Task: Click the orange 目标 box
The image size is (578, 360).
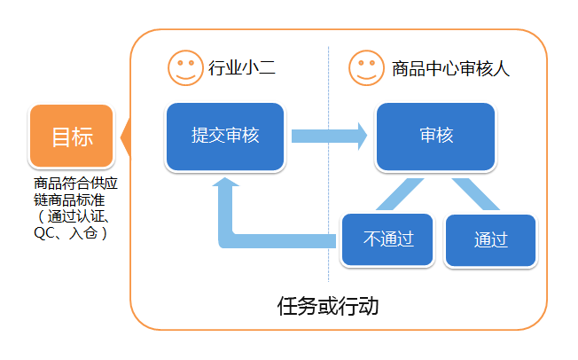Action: pos(72,136)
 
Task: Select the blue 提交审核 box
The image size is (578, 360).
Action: pos(225,137)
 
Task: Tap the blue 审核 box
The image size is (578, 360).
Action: pos(435,137)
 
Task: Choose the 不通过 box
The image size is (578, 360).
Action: pos(387,239)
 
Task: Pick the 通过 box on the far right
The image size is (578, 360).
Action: pos(490,240)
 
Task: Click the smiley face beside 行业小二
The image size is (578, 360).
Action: pos(185,68)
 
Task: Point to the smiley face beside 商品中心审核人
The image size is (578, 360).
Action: pos(366,68)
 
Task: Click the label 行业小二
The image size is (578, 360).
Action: pos(242,68)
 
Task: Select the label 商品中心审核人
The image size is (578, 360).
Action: pos(450,69)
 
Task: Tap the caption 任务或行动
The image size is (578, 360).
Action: pos(328,306)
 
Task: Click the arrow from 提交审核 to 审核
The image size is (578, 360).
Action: pos(329,136)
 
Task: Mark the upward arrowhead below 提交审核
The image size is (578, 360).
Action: pos(225,182)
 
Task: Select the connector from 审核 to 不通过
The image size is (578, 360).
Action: pos(400,194)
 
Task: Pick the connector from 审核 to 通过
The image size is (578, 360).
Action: pos(476,194)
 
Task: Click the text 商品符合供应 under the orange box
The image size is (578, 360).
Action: pos(75,184)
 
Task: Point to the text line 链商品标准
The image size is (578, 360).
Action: pos(69,200)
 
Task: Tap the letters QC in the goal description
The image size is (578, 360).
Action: pos(43,233)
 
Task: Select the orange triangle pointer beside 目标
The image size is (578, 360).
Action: pos(125,137)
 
